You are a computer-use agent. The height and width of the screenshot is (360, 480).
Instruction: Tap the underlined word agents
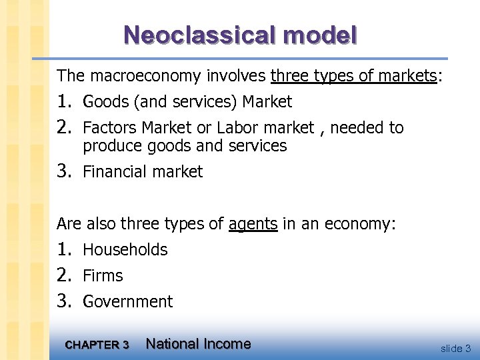[x=253, y=224]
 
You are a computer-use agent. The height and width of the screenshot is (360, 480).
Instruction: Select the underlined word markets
[x=406, y=76]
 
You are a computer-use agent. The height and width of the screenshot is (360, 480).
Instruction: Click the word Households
[x=125, y=250]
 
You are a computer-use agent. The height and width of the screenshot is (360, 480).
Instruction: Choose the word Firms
[x=103, y=276]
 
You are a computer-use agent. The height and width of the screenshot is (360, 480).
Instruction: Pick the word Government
[x=127, y=302]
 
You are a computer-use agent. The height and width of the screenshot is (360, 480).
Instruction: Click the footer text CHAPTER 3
[x=97, y=345]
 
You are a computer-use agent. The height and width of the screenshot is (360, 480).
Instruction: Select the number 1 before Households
[x=64, y=249]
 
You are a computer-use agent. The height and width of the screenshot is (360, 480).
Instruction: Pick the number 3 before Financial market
[x=64, y=171]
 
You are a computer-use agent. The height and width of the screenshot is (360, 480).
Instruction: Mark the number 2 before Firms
[x=64, y=275]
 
